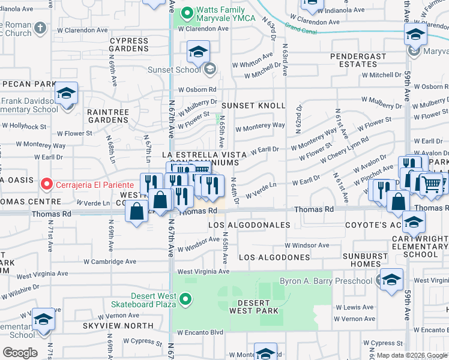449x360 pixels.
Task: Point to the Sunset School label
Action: [x=175, y=70]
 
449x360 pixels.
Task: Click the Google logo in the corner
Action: [x=20, y=353]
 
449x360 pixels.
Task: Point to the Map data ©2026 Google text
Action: [x=412, y=355]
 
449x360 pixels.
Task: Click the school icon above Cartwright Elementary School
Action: [x=414, y=223]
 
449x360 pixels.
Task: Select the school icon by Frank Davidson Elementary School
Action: [x=66, y=94]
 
